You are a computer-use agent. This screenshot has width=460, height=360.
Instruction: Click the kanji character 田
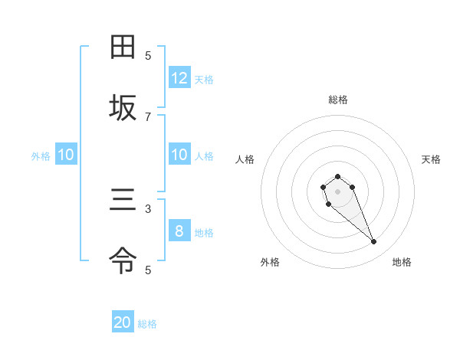[x=123, y=47]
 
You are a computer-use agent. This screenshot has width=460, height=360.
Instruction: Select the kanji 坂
[x=123, y=109]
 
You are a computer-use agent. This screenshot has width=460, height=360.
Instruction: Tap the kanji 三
[x=123, y=201]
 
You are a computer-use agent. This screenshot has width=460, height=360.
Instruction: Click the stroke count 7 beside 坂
[x=148, y=116]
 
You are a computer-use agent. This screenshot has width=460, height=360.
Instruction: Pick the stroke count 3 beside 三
[x=148, y=208]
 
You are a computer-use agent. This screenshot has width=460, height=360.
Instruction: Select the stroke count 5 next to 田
[x=148, y=55]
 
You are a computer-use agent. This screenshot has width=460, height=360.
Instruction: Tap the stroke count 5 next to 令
[x=148, y=270]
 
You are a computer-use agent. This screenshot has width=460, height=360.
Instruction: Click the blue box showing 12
[x=179, y=78]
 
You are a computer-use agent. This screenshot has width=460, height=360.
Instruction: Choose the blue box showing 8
[x=179, y=231]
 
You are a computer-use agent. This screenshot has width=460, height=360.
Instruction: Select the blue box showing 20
[x=123, y=323]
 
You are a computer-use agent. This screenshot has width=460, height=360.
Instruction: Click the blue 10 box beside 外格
[x=66, y=155]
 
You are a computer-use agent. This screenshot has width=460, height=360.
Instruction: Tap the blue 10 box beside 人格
[x=179, y=155]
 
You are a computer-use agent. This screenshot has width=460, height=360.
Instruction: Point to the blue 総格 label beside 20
[x=147, y=324]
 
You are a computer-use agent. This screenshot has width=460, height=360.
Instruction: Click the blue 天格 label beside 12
[x=204, y=79]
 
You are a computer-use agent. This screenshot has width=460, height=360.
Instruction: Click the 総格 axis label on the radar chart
[x=338, y=100]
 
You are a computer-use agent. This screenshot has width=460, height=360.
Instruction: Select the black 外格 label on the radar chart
[x=270, y=262]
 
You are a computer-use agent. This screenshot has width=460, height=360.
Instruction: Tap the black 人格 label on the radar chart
[x=245, y=159]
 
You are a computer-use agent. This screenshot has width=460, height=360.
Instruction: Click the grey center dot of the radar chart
[x=337, y=191]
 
